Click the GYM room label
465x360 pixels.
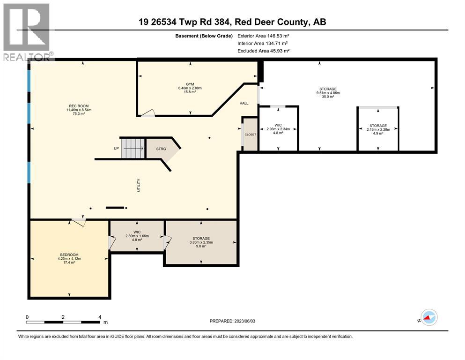point(189,84)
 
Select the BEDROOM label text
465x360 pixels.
point(69,255)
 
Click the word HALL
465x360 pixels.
point(244,104)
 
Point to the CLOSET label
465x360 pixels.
point(250,135)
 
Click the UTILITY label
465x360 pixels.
point(139,185)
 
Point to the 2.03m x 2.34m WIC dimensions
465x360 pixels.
point(278,129)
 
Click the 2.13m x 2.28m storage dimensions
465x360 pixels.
point(377,129)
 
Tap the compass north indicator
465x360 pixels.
point(428,318)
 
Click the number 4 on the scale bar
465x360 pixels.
point(100,317)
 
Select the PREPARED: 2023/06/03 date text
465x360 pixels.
point(233,321)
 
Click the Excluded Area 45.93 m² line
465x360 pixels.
point(263,51)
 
